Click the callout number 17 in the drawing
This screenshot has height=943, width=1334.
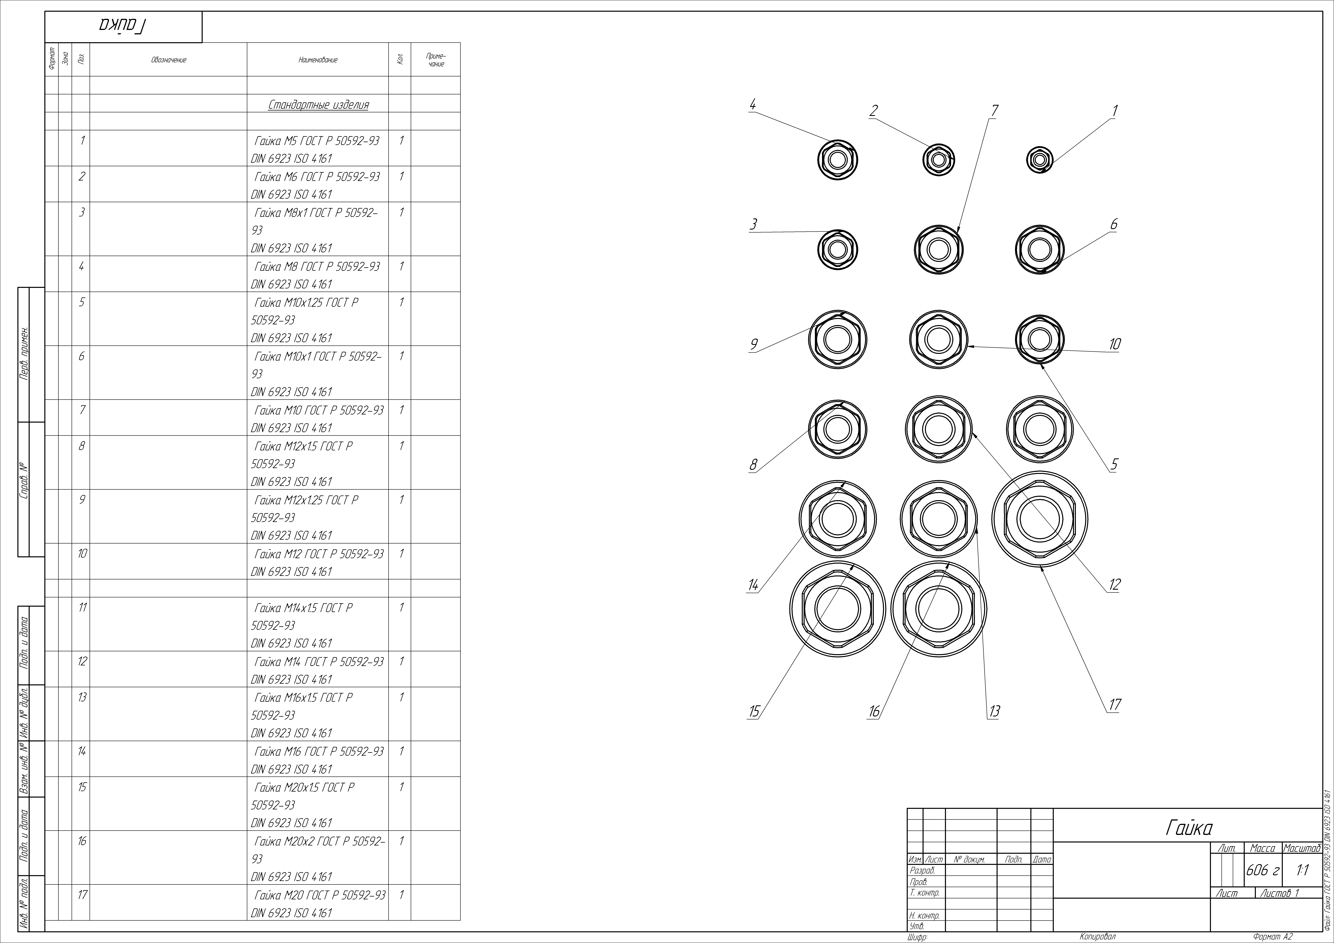coord(1114,705)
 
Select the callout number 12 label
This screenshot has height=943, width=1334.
coord(1114,585)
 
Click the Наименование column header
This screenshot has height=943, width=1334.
coord(318,60)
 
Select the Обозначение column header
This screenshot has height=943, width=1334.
coord(168,60)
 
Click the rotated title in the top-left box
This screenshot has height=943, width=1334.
coord(123,26)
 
